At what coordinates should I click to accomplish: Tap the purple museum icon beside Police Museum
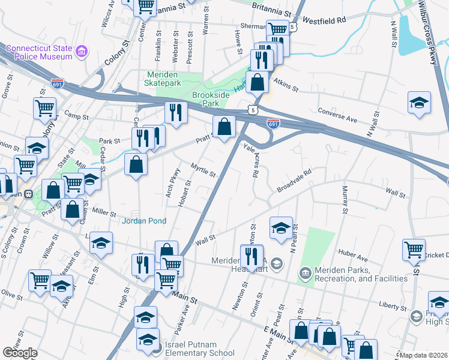[82, 53]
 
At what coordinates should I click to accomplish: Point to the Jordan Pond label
[143, 221]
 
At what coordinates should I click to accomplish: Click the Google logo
[20, 352]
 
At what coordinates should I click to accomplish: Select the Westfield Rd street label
[325, 20]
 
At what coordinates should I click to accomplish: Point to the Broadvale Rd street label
[294, 181]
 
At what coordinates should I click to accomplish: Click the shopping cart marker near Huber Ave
[414, 249]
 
